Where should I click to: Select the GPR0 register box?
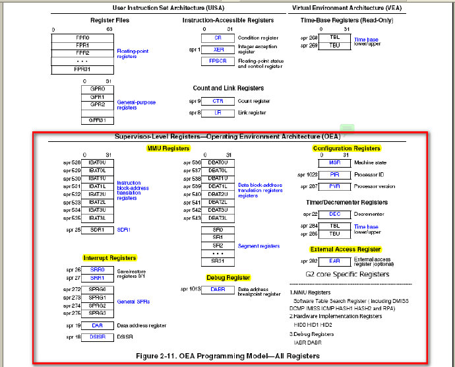98,88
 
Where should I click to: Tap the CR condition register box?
218,38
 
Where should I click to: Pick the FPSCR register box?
218,60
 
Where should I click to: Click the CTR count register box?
218,101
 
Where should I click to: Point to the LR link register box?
218,113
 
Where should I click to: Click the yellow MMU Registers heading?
168,149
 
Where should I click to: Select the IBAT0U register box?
98,163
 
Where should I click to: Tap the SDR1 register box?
98,230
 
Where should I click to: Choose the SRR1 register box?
98,278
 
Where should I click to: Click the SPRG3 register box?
98,314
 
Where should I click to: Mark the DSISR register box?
98,337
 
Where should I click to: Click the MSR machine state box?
334,162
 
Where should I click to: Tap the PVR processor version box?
334,187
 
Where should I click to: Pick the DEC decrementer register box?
334,215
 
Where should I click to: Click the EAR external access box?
334,261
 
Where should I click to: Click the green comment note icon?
348,128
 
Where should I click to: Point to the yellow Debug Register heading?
229,277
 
